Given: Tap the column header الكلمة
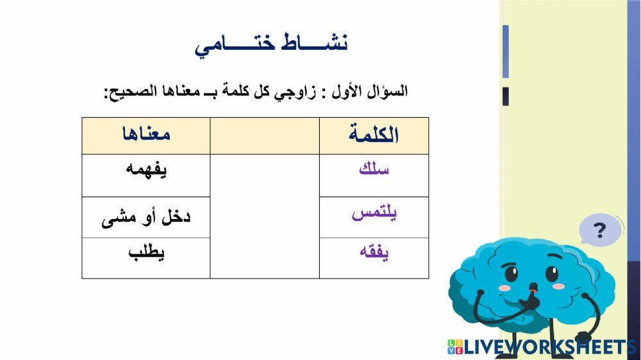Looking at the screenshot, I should click(x=374, y=135).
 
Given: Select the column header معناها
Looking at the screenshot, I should click(x=146, y=135).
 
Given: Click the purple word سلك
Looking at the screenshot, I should click(x=374, y=170).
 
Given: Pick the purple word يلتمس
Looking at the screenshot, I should click(x=374, y=214).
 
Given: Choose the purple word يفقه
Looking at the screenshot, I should click(x=374, y=252).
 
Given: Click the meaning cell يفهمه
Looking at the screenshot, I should click(x=146, y=170).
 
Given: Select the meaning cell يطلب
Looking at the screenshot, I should click(x=146, y=252).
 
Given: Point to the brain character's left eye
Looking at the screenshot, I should click(x=511, y=275).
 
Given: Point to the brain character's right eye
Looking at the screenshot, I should click(x=551, y=274).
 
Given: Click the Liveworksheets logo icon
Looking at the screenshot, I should click(x=454, y=347).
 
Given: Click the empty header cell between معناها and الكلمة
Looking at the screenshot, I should click(x=265, y=135).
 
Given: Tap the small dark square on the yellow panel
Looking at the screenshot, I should click(x=505, y=96).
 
